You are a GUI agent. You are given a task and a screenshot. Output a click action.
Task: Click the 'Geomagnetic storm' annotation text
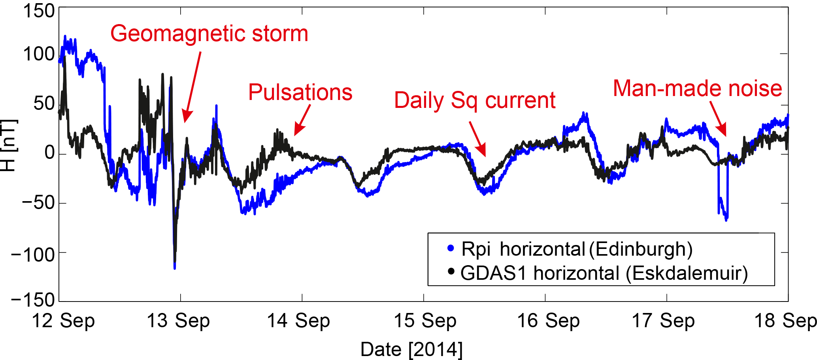(x=209, y=34)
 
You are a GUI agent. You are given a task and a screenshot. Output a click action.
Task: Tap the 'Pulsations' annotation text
(x=300, y=92)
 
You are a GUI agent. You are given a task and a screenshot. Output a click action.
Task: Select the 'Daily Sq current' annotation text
(x=475, y=100)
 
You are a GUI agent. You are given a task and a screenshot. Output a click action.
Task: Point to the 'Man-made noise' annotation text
(x=697, y=88)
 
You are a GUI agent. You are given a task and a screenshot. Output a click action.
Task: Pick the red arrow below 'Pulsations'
(x=302, y=120)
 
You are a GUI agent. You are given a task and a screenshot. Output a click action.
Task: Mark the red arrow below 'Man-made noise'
(x=718, y=119)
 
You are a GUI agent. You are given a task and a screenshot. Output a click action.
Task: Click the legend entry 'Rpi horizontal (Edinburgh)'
(x=577, y=249)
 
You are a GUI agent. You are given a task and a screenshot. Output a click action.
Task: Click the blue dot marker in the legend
(x=451, y=249)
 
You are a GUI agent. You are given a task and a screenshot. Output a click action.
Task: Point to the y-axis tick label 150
(x=39, y=11)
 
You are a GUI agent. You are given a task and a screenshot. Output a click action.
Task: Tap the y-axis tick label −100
(x=33, y=254)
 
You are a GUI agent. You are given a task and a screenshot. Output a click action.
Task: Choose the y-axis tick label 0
(x=50, y=153)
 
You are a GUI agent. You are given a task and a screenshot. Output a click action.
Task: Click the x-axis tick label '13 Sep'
(x=178, y=321)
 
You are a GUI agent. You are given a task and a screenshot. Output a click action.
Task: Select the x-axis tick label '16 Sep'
(x=548, y=321)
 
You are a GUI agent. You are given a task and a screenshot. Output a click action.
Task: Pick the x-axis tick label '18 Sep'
(x=785, y=321)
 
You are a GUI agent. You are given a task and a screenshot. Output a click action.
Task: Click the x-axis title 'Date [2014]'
(x=411, y=349)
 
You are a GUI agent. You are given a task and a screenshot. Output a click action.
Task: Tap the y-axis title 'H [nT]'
(x=9, y=145)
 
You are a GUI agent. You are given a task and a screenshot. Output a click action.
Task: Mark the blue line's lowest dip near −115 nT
(x=175, y=267)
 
